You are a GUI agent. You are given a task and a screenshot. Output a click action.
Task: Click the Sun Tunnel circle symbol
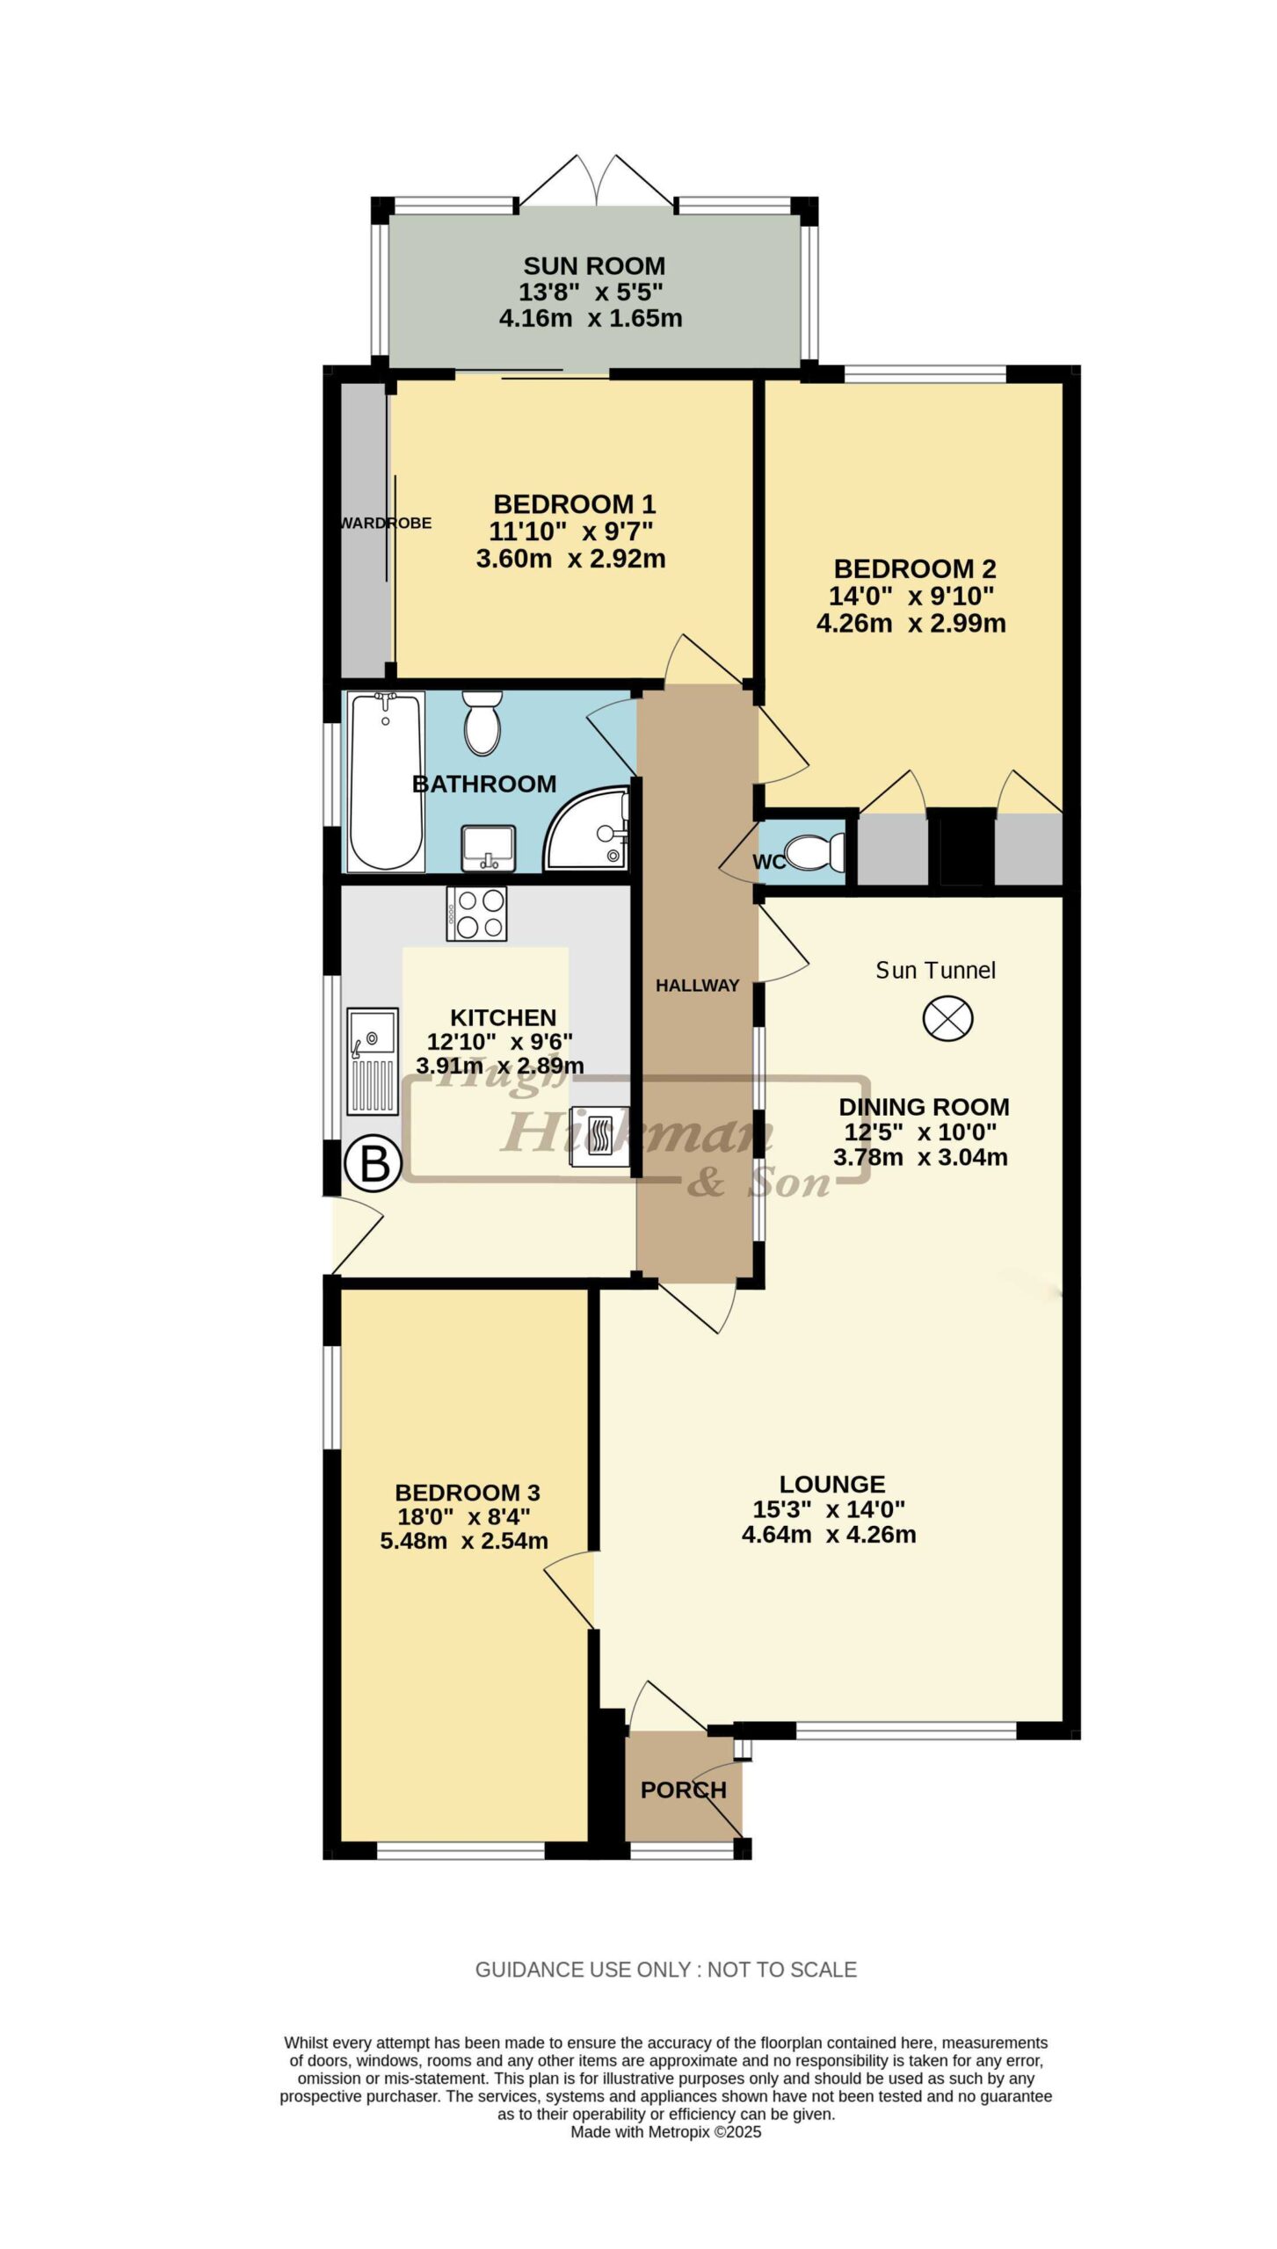pos(947,1019)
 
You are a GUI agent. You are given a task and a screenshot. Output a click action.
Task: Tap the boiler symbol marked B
pos(374,1164)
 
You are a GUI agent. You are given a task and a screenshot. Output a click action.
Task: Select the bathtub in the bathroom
pos(387,781)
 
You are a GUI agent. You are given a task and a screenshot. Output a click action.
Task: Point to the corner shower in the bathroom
pos(586,828)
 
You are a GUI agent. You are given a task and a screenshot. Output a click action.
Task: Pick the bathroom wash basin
pos(489,848)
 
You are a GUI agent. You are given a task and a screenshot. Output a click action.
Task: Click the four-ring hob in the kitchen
pos(476,914)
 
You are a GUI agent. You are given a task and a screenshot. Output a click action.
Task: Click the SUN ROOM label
pos(594,265)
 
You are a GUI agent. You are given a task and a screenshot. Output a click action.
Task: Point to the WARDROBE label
pos(386,523)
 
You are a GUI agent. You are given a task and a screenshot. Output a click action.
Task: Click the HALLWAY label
pos(698,986)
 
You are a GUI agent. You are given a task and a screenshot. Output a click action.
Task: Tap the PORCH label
pos(684,1790)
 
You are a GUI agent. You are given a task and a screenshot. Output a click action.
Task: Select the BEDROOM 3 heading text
pos(468,1492)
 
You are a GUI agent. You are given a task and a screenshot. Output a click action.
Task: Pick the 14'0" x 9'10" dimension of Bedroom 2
pos(911,596)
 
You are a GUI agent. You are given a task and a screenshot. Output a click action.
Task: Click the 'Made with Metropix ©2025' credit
pos(666,2132)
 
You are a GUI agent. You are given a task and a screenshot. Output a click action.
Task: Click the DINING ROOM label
pos(925,1107)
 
